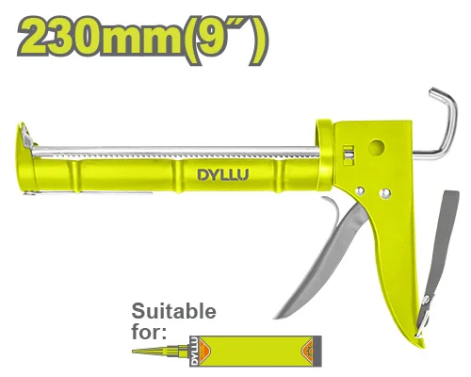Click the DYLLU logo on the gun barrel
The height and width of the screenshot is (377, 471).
(x=223, y=175)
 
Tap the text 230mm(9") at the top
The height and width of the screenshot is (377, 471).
(x=143, y=39)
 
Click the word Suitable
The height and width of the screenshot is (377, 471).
(x=173, y=311)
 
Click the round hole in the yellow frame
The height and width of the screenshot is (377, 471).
(x=377, y=147)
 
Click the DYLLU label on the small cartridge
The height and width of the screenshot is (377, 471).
(x=194, y=352)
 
